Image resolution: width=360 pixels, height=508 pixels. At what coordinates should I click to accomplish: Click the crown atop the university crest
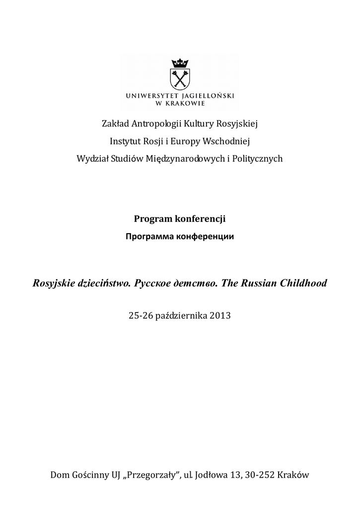point(180,63)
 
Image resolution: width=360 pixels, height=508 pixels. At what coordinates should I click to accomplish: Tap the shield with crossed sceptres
point(180,79)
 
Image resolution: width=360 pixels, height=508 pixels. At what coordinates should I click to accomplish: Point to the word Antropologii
point(152,123)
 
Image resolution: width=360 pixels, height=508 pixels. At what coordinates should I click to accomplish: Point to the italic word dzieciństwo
point(103,283)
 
